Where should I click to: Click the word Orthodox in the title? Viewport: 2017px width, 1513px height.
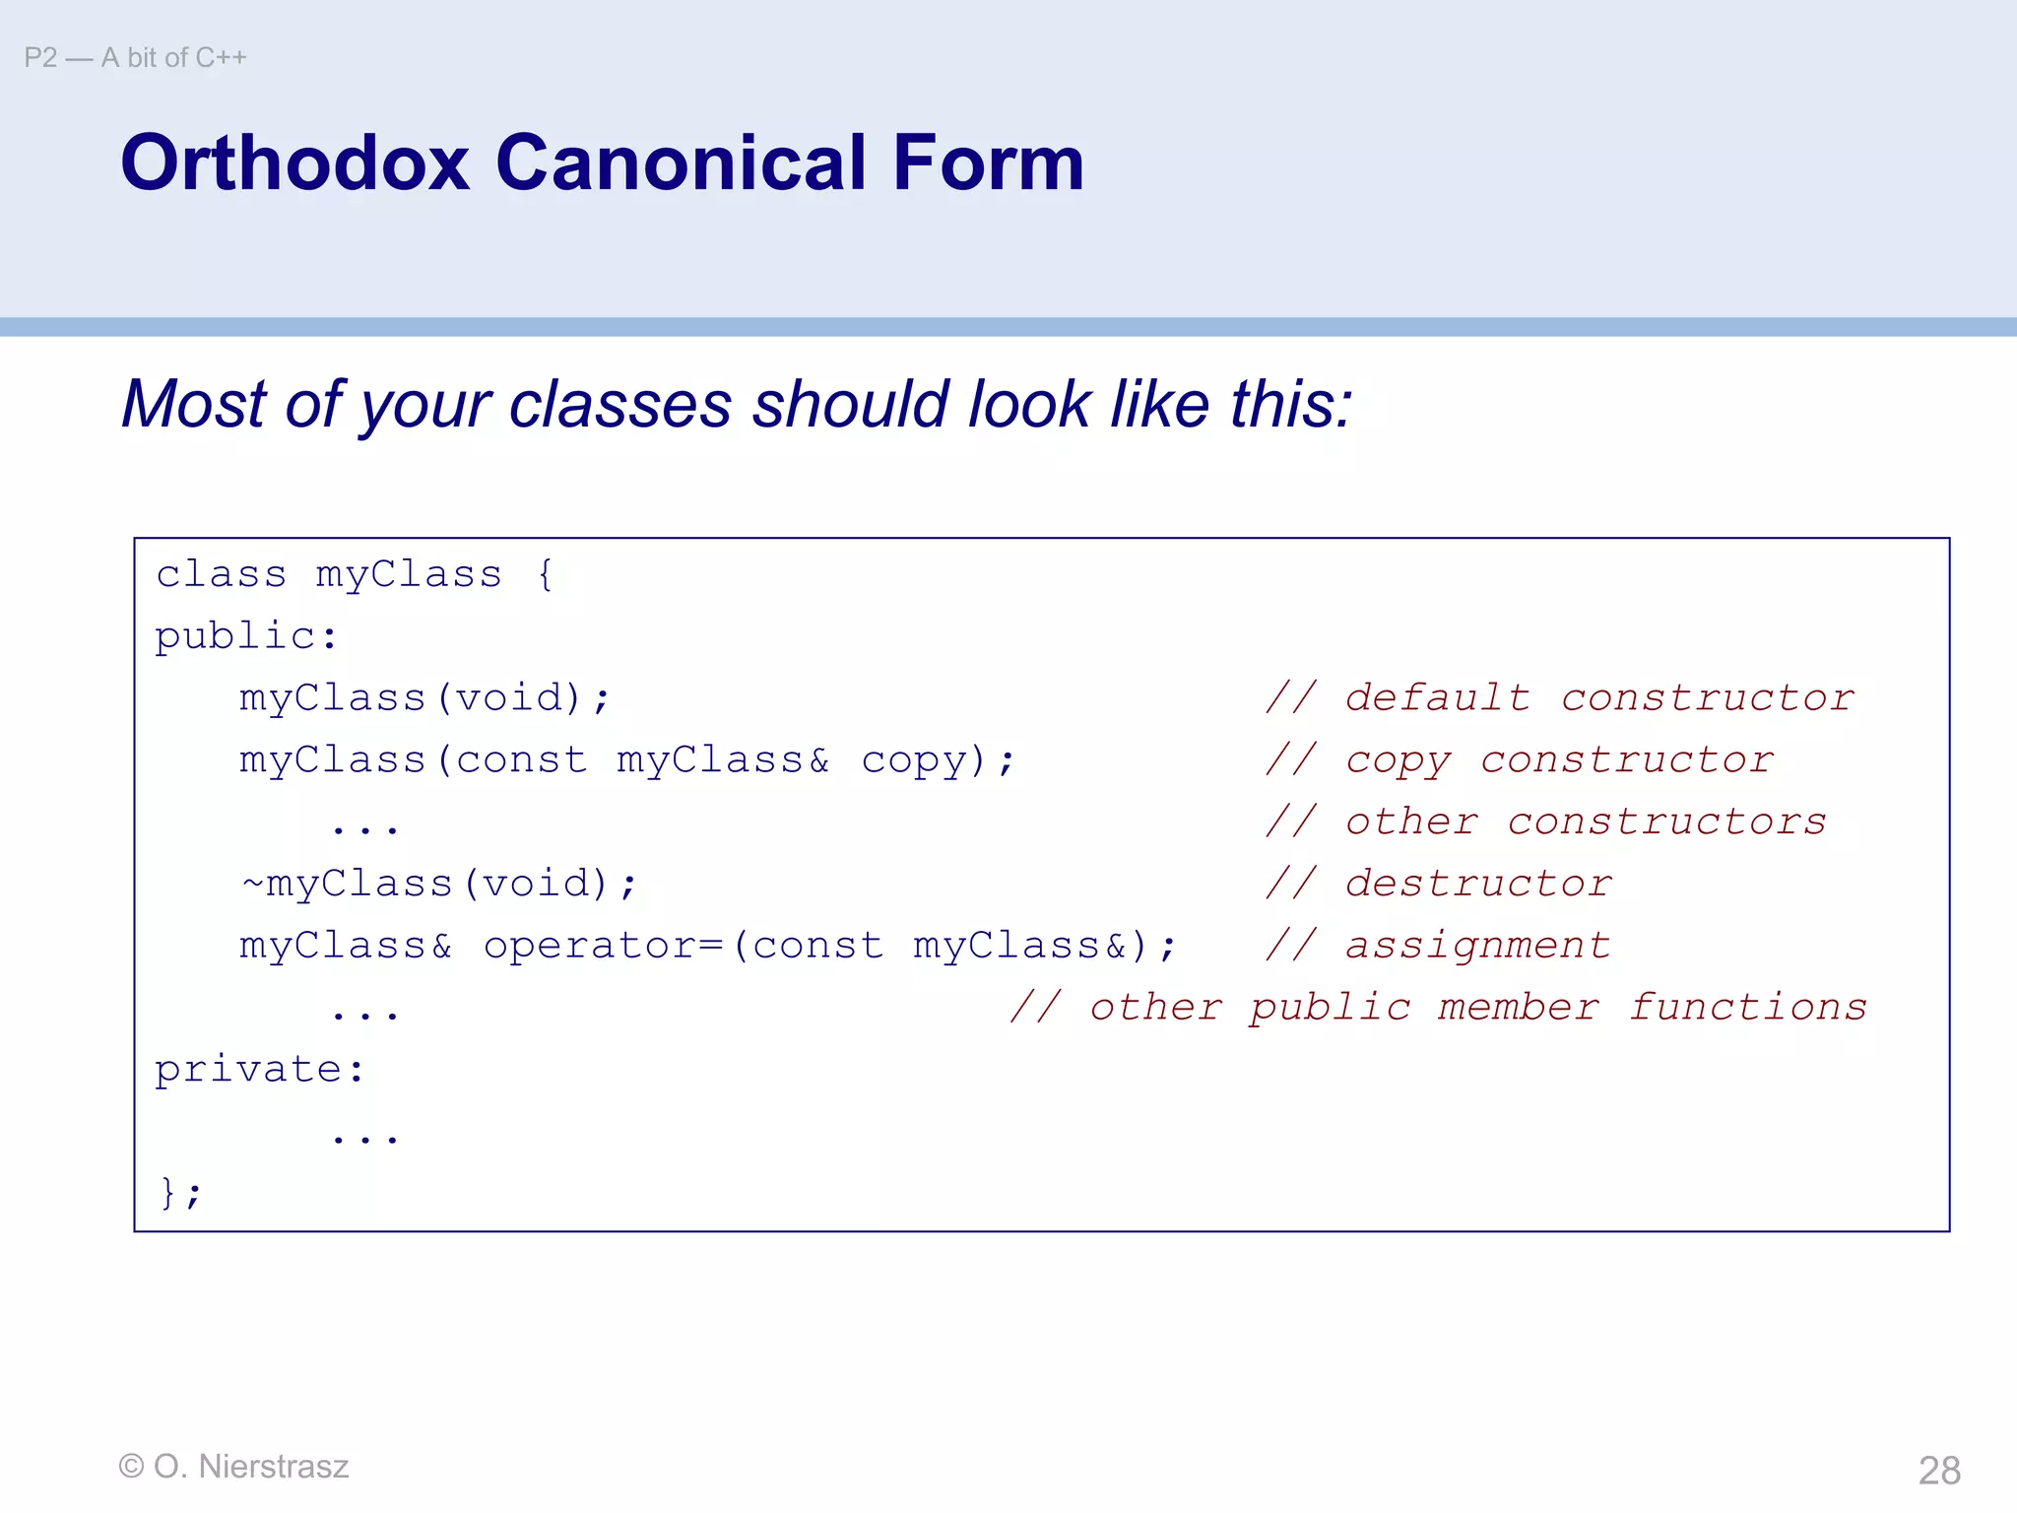pos(294,163)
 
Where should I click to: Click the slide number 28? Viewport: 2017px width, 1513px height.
pos(1939,1471)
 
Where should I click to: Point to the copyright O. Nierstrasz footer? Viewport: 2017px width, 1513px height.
pos(233,1467)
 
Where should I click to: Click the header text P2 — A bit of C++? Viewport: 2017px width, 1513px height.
pos(135,58)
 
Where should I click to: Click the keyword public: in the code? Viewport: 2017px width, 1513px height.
pos(246,636)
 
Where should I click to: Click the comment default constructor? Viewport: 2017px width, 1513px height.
pos(1560,698)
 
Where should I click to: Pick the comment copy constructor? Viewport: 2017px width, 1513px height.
pos(1521,760)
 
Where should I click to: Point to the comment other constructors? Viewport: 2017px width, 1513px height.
pos(1546,822)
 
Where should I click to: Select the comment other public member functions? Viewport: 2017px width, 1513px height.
pos(1438,1008)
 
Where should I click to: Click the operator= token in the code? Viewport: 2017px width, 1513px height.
pos(603,946)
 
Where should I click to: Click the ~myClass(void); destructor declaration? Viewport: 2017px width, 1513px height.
pos(439,884)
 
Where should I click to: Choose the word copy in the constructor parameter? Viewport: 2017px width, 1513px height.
pos(915,760)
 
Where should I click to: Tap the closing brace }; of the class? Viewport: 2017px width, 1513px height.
pos(179,1193)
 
